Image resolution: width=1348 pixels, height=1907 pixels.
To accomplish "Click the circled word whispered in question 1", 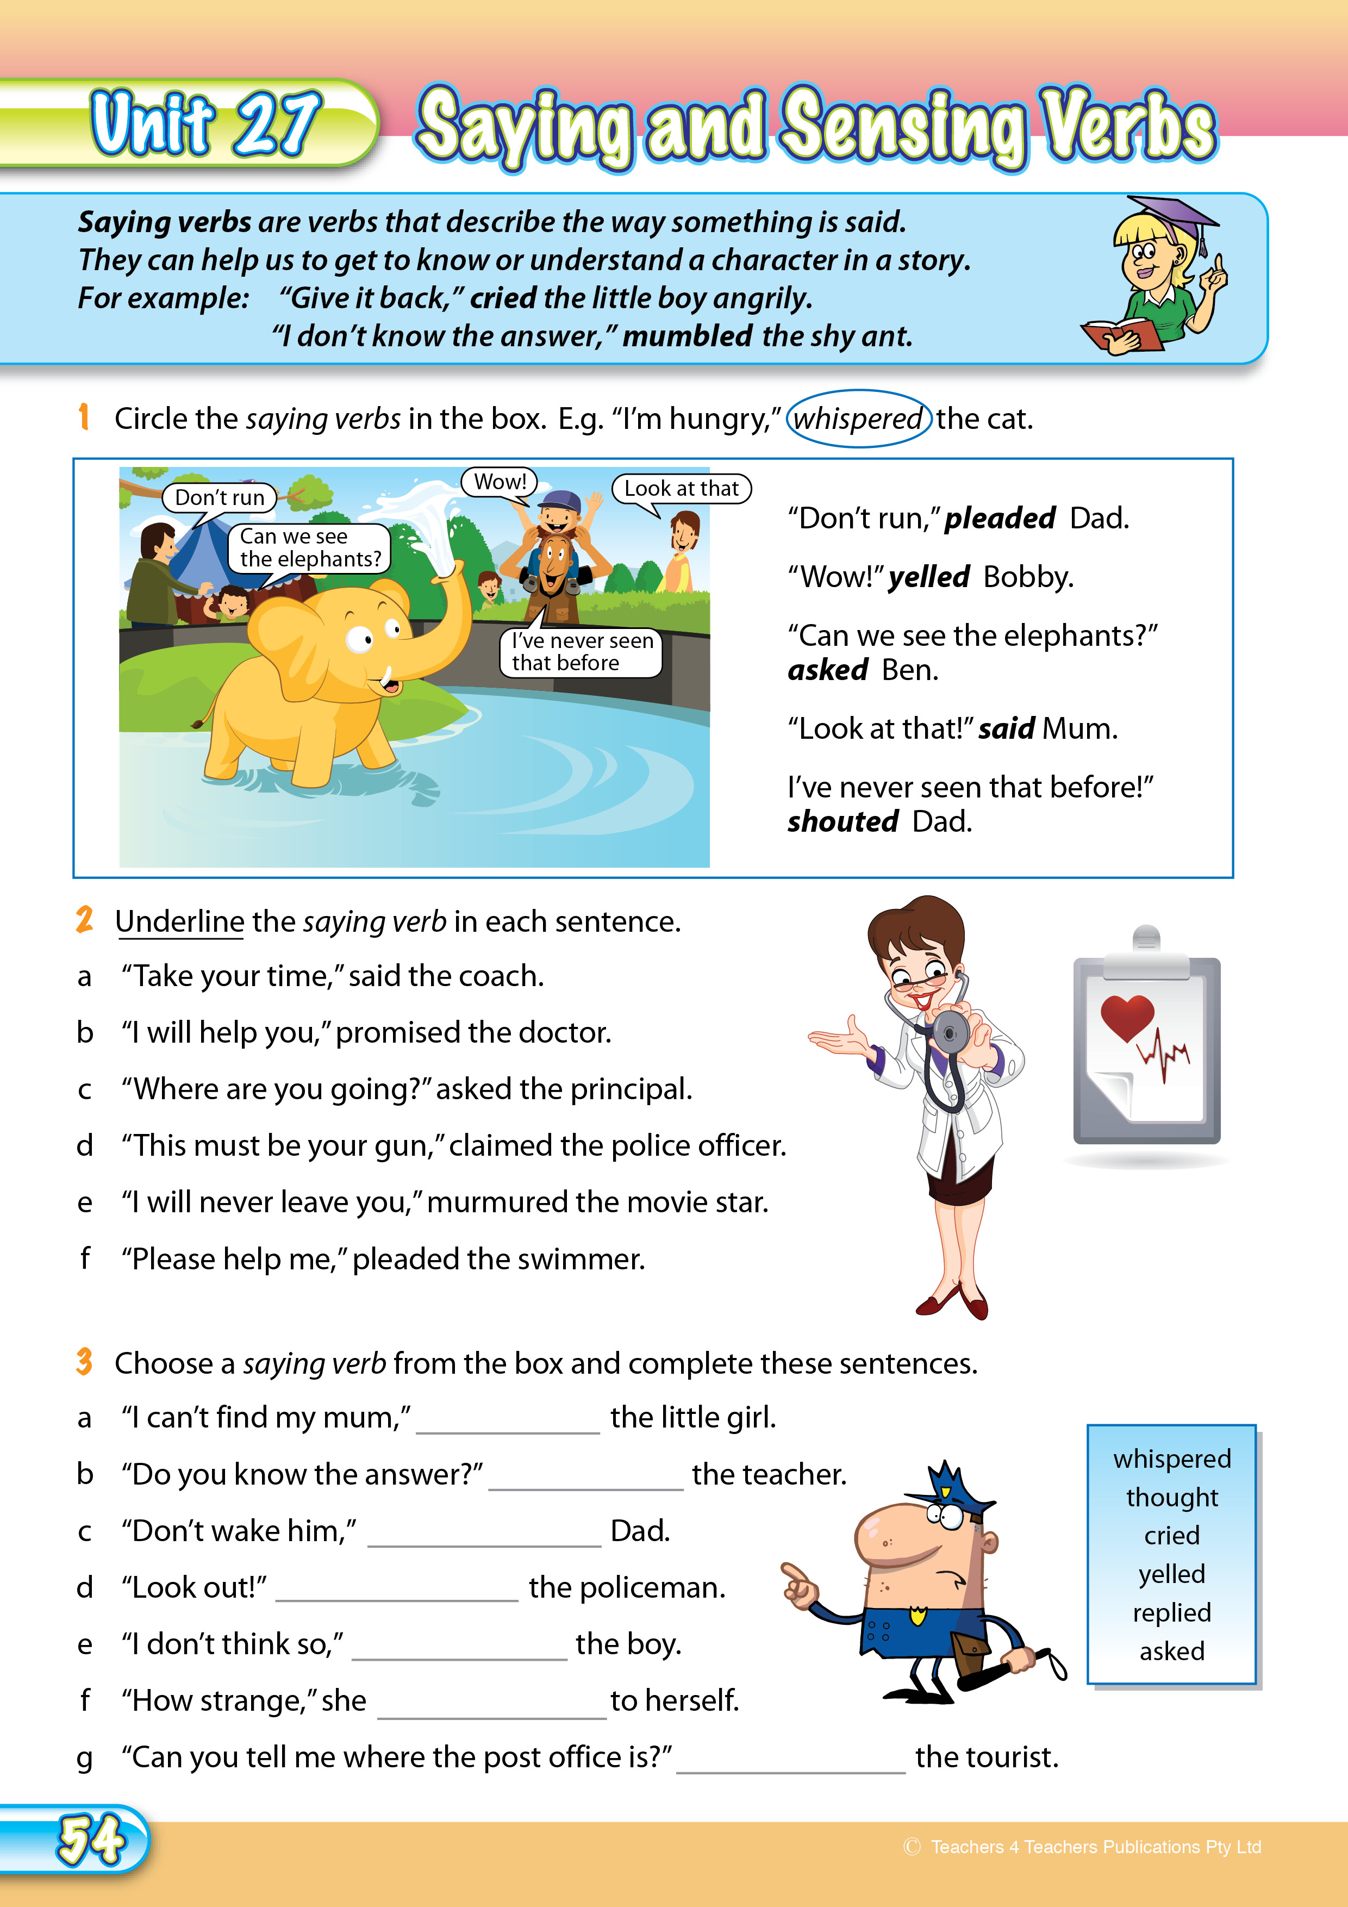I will (858, 419).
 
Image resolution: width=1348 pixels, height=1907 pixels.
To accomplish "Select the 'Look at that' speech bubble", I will (681, 488).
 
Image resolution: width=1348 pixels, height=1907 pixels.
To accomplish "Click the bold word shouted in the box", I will (842, 821).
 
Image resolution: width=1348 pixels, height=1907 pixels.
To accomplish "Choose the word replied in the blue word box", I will (1171, 1612).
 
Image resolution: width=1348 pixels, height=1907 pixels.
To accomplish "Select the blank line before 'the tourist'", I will (791, 1765).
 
